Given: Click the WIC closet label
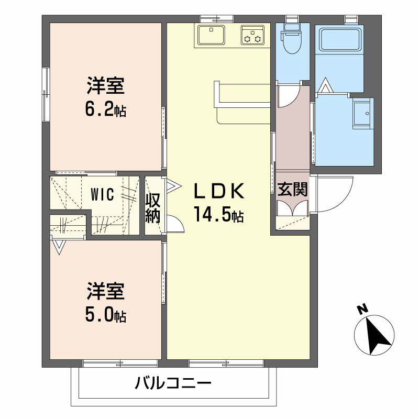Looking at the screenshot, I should pos(102,195).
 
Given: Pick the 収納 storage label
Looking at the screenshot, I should pos(153,207).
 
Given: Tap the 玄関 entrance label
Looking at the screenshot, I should pos(292,190).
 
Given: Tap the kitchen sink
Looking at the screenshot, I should pos(212,36).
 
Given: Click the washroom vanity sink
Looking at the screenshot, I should pos(361,114).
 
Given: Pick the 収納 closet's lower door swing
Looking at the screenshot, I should pos(177,224).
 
